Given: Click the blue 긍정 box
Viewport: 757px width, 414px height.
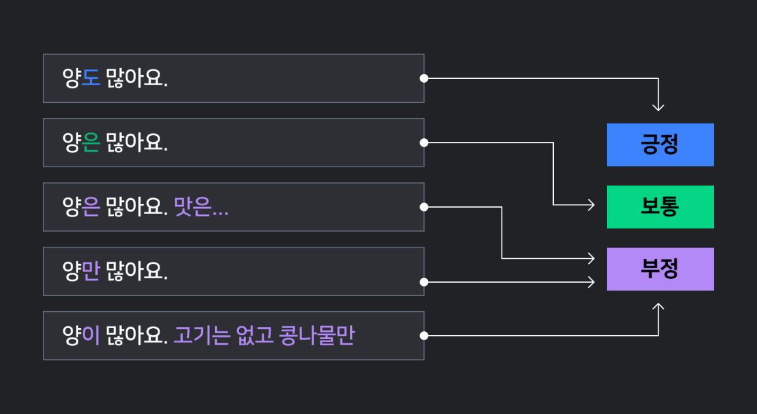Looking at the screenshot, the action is coord(660,145).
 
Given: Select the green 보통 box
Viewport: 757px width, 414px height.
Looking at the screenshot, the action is coord(660,207).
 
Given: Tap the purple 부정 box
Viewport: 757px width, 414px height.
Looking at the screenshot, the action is coord(660,269).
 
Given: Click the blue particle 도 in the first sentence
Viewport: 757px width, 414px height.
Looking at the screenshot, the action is coord(91,78).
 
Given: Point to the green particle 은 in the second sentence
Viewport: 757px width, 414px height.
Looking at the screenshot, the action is coord(91,142).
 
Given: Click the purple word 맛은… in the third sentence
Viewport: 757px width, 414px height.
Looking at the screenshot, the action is coord(201,206).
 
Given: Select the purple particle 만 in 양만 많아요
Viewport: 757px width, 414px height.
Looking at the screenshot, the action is coord(91,271).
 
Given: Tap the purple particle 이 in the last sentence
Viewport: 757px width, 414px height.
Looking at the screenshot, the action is coord(91,335).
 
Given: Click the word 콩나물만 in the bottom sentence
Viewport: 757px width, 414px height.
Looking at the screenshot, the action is coord(317,335).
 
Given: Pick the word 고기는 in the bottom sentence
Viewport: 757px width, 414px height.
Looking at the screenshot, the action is coord(202,335).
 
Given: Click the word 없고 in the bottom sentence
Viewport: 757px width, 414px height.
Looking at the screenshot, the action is coord(254,335).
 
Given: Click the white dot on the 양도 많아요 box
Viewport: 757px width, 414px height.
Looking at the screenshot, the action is coord(424,78).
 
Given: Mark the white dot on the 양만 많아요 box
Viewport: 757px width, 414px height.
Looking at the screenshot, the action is coord(424,282).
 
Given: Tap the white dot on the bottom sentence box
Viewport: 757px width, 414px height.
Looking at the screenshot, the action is coord(424,336).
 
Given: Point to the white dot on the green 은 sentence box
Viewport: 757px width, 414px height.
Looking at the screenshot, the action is coord(424,143).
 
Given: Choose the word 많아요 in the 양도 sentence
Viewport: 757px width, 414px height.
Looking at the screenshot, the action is coord(137,78).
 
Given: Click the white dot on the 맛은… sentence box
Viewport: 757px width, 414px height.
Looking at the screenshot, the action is coord(424,207).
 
